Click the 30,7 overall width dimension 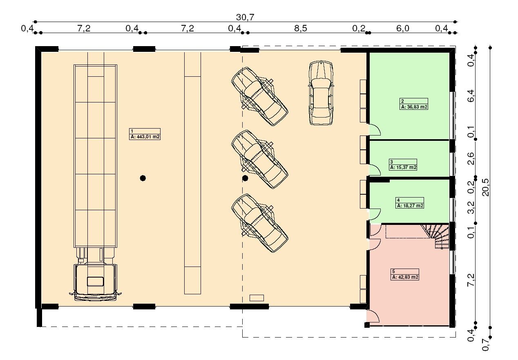point(245,17)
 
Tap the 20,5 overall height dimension point(486,187)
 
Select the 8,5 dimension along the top point(301,29)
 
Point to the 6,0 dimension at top point(403,29)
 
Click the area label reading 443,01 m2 point(145,137)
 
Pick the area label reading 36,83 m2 point(414,107)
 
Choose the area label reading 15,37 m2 point(403,167)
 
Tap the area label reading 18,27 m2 point(410,206)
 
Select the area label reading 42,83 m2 point(405,277)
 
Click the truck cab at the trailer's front point(95,282)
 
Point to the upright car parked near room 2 point(321,93)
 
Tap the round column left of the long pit point(143,178)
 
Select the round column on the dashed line point(245,178)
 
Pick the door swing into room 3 point(375,170)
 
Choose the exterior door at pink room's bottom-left point(373,316)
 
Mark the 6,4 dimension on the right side point(471,96)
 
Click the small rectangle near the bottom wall point(257,298)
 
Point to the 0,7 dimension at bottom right point(486,344)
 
